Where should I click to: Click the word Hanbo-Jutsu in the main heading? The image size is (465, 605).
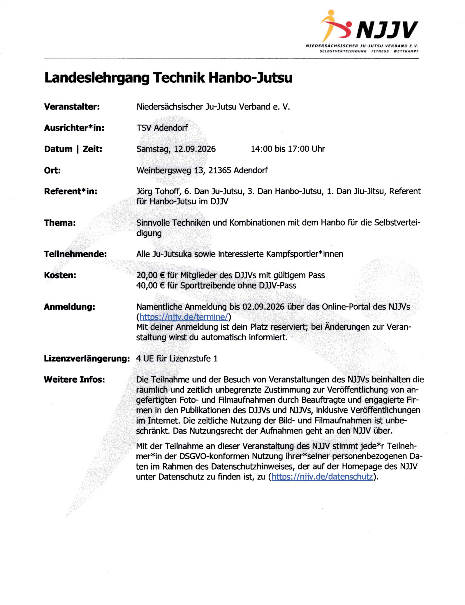(250, 78)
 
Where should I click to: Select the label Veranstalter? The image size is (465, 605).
(72, 107)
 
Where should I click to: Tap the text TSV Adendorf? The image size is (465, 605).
(162, 128)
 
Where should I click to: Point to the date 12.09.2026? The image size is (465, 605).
(194, 149)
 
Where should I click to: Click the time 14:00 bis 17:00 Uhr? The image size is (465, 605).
(288, 149)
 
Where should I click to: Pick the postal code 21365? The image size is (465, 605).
(219, 170)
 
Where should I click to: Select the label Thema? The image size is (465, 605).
(60, 223)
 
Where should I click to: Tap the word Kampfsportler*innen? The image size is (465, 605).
(304, 254)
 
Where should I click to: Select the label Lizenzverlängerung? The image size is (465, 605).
(87, 359)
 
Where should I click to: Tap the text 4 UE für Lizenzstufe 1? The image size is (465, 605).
(177, 359)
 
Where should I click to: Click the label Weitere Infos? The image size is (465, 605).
(74, 380)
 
